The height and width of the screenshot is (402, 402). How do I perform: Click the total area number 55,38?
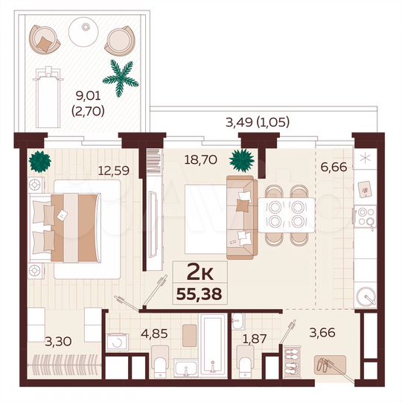(x=199, y=292)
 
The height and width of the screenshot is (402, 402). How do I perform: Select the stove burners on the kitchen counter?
(x=366, y=217)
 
